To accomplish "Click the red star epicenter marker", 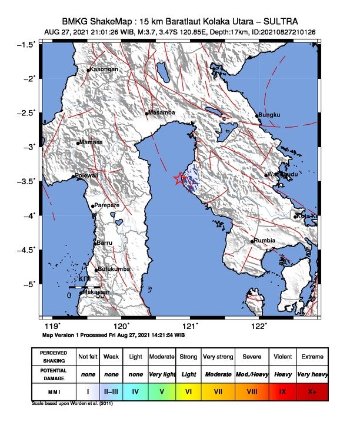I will [x=180, y=179].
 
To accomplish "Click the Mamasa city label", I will [x=91, y=142].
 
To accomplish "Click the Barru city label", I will [x=104, y=242].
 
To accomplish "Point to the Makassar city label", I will [x=95, y=292].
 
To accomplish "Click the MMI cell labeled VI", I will [x=189, y=390].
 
